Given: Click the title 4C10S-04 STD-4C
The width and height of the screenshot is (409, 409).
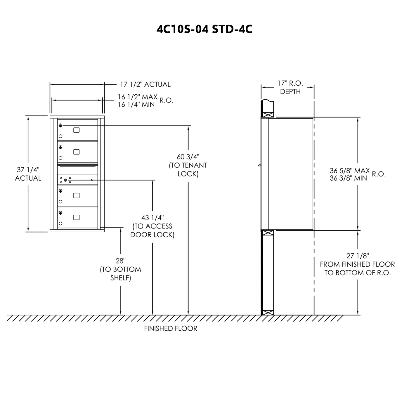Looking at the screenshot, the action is tap(204, 29).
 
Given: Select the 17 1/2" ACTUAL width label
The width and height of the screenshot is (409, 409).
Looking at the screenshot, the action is tap(145, 84).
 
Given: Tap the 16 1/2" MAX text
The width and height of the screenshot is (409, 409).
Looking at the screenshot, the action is tap(138, 97).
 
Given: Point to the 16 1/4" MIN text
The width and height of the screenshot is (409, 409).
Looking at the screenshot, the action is tap(136, 104).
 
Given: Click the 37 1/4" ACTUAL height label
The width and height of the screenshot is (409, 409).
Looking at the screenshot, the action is tap(28, 174).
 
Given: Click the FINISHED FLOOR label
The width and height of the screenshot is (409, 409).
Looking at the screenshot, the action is tap(171, 329).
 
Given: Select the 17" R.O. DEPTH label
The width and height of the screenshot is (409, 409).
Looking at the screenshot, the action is tap(290, 87).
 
